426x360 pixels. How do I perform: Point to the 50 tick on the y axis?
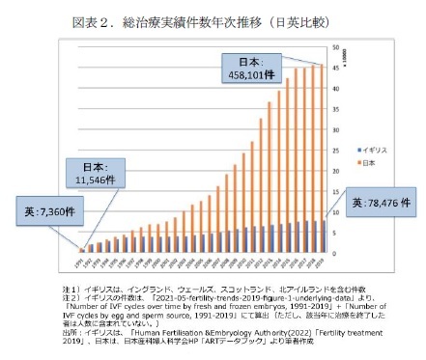[334, 46]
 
